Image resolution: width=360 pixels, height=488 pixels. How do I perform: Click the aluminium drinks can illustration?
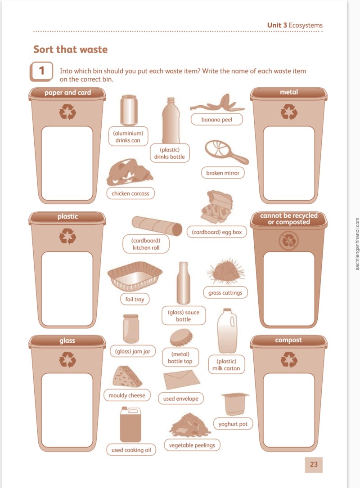pos(129,110)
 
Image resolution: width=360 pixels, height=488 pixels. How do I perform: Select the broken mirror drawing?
pos(226,152)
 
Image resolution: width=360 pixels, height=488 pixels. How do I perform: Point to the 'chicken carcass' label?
pos(130,193)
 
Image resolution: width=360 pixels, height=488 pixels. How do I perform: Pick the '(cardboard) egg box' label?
pos(217,232)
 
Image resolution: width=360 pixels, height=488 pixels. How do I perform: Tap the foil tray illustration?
pos(135,276)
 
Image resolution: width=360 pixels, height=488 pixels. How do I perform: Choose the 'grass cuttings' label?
pos(225,292)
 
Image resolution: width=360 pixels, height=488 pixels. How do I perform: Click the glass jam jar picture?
pos(131,329)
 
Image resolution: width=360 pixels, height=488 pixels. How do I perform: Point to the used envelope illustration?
pos(181,380)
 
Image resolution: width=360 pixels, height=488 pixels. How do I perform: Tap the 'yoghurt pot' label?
pos(233,424)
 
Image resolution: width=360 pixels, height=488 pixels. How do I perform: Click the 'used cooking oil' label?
pos(131,450)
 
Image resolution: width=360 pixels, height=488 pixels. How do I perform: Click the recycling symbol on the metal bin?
pos(289,112)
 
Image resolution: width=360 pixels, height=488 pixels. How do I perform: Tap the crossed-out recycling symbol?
pos(289,241)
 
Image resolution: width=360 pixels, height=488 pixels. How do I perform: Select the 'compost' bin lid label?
pos(288,340)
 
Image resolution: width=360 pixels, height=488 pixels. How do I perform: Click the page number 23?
pos(314,464)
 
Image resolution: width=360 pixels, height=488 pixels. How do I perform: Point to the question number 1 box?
pos(41,71)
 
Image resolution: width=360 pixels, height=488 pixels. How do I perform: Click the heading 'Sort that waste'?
pos(70,49)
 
